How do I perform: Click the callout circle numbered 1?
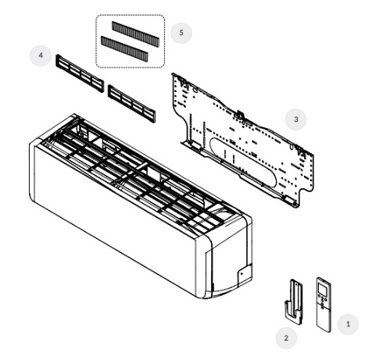pos(348,324)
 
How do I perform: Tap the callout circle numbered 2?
pos(286,338)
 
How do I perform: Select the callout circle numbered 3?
pos(295,119)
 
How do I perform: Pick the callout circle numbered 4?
pos(41,55)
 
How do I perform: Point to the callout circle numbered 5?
pos(181,33)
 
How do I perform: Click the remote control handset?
pos(324,305)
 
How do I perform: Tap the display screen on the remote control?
pos(323,289)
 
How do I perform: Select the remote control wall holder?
pos(294,302)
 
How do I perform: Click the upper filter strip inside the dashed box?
pos(135,34)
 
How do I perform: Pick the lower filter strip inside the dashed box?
pos(124,48)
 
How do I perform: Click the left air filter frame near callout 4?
pos(80,73)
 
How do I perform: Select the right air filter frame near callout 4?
pos(132,103)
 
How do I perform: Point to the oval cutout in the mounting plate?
pos(243,162)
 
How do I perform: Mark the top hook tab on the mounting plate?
pos(240,114)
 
